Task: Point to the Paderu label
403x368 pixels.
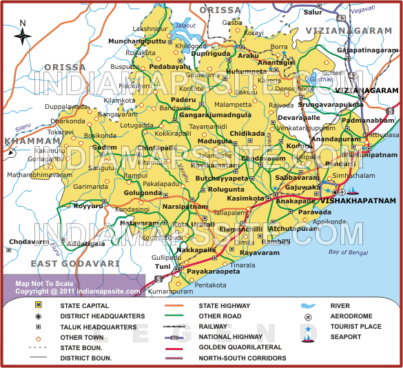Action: (183, 100)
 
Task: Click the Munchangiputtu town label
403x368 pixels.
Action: (138, 41)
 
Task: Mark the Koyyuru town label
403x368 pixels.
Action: (88, 205)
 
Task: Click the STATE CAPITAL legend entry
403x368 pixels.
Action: (85, 305)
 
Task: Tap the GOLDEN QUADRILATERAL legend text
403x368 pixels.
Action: (240, 347)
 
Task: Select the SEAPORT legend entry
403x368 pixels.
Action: (345, 337)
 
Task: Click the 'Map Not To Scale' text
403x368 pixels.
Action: (45, 283)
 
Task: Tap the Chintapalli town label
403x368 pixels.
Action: (154, 148)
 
